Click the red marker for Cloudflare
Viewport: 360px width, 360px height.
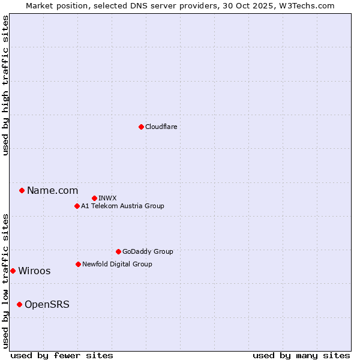[141, 127]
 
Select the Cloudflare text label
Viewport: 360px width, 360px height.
[161, 127]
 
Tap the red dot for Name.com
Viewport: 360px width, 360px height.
[22, 190]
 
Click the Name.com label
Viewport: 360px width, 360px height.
[52, 191]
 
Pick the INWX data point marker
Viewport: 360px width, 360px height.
[94, 198]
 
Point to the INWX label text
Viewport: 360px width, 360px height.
[107, 198]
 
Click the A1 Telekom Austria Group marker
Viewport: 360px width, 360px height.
[77, 206]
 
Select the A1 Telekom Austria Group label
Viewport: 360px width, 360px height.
[122, 206]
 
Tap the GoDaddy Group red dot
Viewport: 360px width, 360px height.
[118, 251]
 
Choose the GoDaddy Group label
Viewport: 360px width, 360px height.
[148, 251]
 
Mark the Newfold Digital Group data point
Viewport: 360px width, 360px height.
[78, 264]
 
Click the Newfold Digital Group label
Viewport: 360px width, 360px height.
[117, 264]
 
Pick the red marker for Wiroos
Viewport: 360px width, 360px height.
[13, 271]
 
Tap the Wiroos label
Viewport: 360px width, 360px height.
[34, 271]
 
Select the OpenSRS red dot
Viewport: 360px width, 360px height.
[19, 304]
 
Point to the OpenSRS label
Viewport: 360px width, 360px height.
[47, 305]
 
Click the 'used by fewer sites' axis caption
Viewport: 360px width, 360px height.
[62, 355]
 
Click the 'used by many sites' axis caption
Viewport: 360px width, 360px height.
[301, 355]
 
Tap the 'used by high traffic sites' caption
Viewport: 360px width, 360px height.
[6, 85]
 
